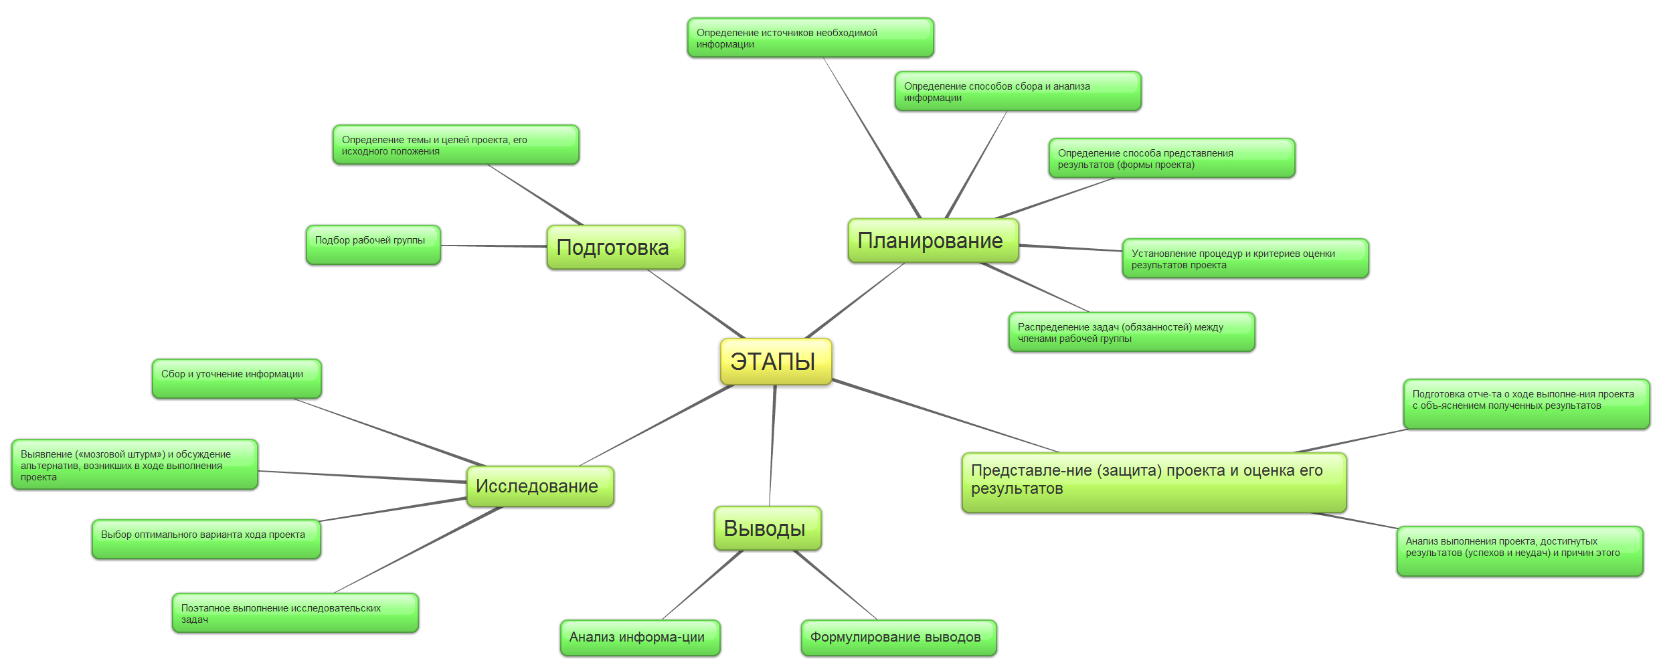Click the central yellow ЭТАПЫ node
[x=775, y=361]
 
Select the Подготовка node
[x=615, y=248]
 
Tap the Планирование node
[x=932, y=241]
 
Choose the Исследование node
[x=539, y=486]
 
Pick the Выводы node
[x=767, y=529]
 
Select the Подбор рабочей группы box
[x=373, y=245]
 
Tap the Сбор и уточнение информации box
[x=236, y=379]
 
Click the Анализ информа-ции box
[x=640, y=638]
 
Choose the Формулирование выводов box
[x=898, y=638]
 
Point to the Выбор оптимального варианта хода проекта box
[x=206, y=539]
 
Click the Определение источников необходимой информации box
[x=810, y=37]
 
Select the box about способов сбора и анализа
[x=1017, y=91]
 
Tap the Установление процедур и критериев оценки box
[x=1245, y=258]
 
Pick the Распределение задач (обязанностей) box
[x=1131, y=332]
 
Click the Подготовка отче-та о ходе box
[x=1526, y=404]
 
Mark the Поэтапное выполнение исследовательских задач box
[x=294, y=613]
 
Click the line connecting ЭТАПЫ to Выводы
[x=772, y=445]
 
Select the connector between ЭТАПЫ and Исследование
[x=656, y=425]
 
